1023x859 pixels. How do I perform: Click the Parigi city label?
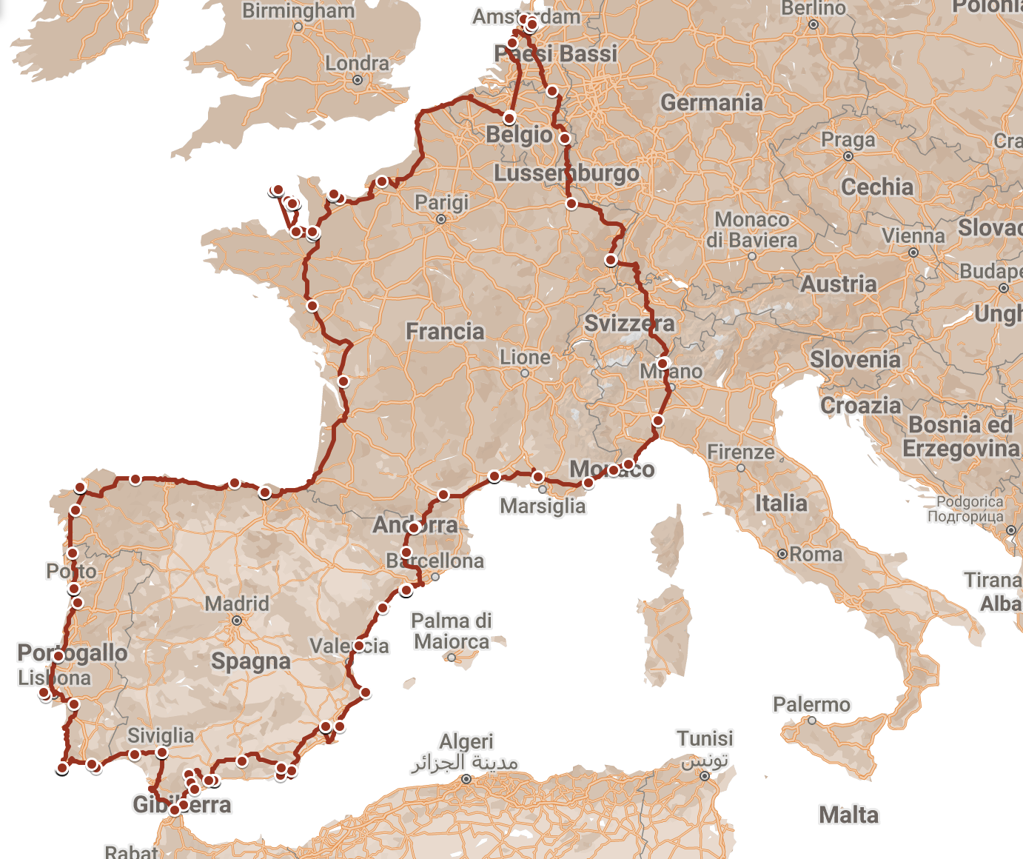tap(441, 202)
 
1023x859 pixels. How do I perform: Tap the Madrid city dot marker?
tap(237, 621)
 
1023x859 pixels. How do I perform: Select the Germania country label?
tap(711, 102)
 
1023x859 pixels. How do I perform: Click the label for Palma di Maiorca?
tap(452, 631)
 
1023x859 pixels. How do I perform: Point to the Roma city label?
tap(815, 554)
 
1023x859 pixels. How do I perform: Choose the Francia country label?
tap(445, 331)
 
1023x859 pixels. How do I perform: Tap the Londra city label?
tap(357, 64)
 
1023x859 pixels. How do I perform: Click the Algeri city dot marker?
tap(466, 779)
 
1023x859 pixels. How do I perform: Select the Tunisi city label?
tap(705, 738)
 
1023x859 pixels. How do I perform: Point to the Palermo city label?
tap(811, 704)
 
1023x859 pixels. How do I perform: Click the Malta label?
tap(848, 815)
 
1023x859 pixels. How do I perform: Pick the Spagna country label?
tap(251, 661)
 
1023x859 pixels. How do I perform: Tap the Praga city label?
tap(848, 140)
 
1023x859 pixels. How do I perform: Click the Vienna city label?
tap(913, 236)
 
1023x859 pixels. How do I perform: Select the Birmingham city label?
tap(298, 11)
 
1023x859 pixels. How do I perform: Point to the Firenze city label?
tap(741, 452)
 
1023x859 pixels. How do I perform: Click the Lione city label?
tap(525, 358)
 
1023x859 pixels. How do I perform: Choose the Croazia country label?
tap(861, 406)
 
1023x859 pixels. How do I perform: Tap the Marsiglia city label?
tap(543, 507)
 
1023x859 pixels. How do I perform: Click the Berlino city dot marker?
tap(814, 24)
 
